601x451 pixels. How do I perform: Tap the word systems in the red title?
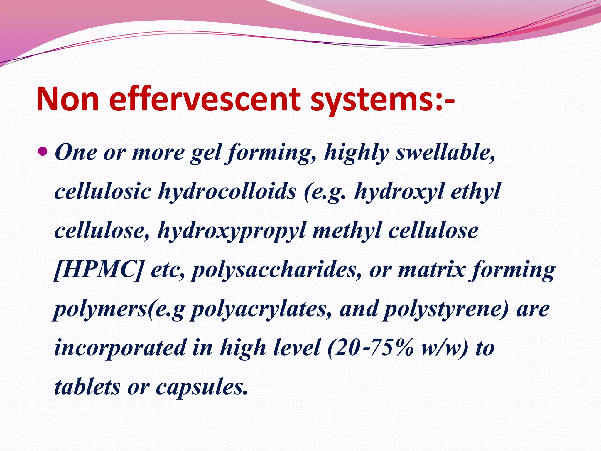click(372, 100)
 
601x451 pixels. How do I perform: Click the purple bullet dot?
click(43, 152)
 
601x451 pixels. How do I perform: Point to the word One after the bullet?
click(76, 152)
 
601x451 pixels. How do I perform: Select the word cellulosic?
click(102, 191)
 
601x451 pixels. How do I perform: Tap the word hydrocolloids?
click(227, 191)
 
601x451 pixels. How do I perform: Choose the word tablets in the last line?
click(87, 387)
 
